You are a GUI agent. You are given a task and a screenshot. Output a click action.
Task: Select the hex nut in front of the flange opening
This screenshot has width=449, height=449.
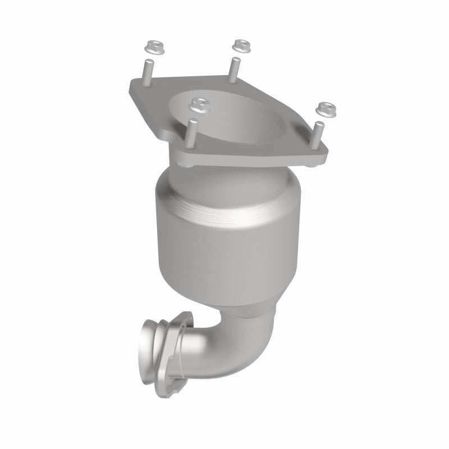coord(196,103)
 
